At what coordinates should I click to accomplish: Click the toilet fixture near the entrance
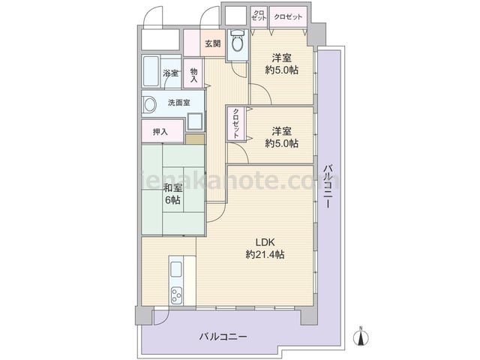pyautogui.click(x=237, y=40)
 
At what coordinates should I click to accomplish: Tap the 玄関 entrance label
pyautogui.click(x=213, y=43)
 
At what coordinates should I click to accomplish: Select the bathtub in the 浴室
pyautogui.click(x=151, y=71)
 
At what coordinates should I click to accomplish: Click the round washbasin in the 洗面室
pyautogui.click(x=150, y=105)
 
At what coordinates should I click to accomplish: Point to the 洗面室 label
pyautogui.click(x=179, y=103)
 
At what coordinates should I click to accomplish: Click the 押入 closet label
pyautogui.click(x=160, y=132)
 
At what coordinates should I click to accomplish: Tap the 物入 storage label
pyautogui.click(x=193, y=75)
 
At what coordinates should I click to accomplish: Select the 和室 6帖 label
pyautogui.click(x=172, y=193)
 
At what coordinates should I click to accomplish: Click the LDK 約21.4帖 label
pyautogui.click(x=265, y=248)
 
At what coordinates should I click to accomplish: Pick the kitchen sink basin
pyautogui.click(x=176, y=269)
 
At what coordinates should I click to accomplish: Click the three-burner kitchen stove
pyautogui.click(x=176, y=295)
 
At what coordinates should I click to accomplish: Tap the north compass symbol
pyautogui.click(x=361, y=337)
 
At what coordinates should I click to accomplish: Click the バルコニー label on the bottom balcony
pyautogui.click(x=223, y=337)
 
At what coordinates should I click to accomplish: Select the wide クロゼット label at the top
pyautogui.click(x=288, y=16)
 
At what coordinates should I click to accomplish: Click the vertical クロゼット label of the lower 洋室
pyautogui.click(x=236, y=123)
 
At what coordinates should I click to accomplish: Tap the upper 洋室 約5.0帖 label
pyautogui.click(x=282, y=64)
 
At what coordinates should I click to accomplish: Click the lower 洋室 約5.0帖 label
pyautogui.click(x=282, y=137)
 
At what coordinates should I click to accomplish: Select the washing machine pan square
pyautogui.click(x=194, y=121)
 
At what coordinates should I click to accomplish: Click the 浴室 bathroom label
pyautogui.click(x=170, y=73)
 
